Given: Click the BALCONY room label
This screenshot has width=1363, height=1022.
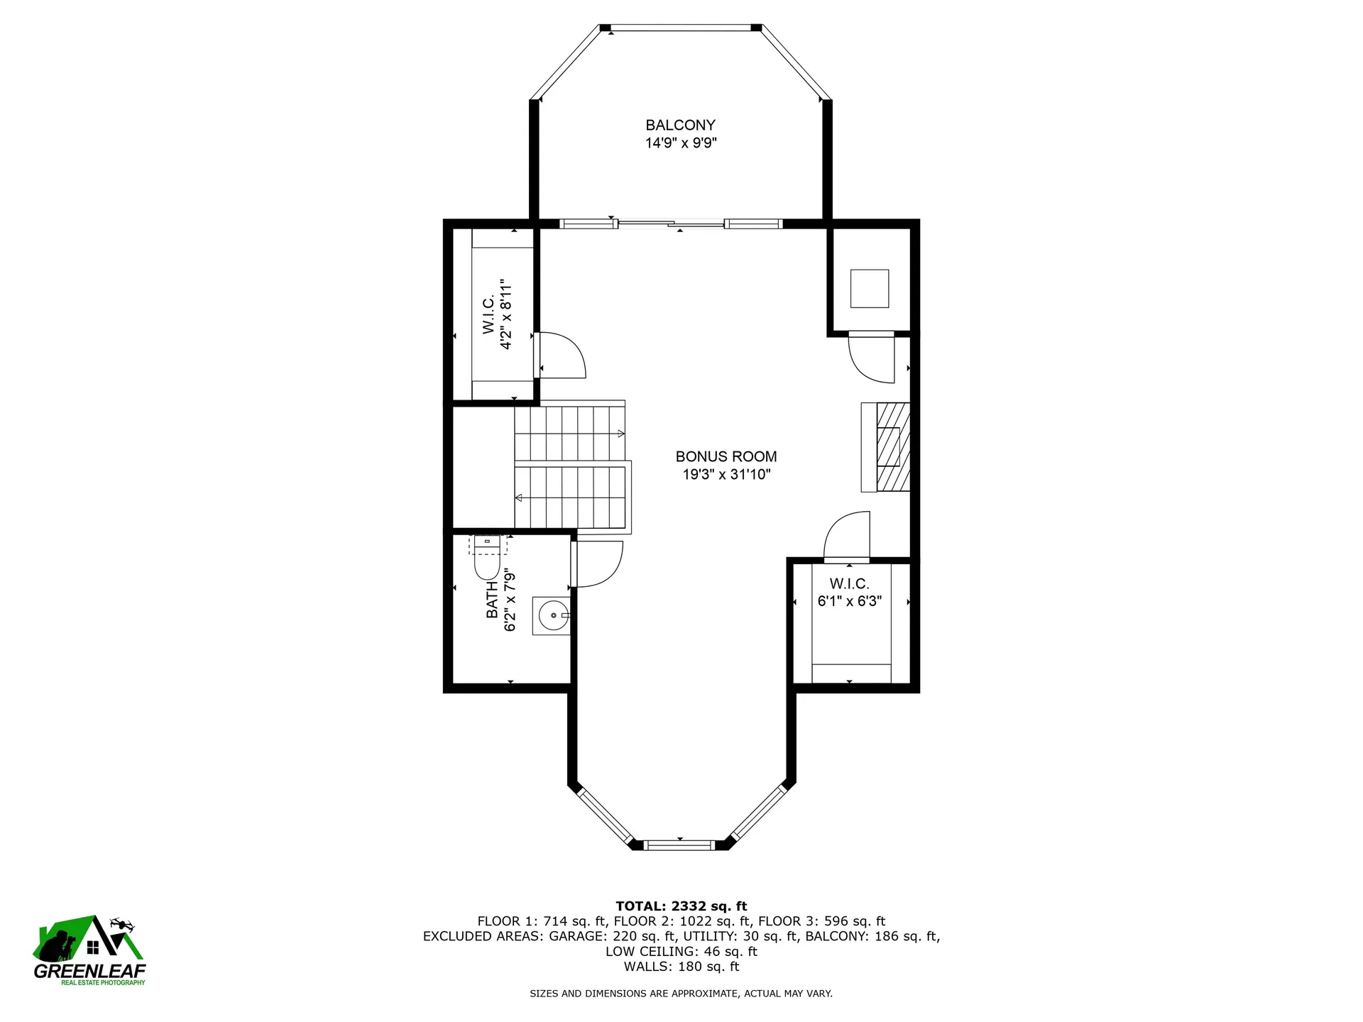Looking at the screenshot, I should click(x=680, y=125).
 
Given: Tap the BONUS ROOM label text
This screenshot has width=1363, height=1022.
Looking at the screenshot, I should click(x=726, y=456).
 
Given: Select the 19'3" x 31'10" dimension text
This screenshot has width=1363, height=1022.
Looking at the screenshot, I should click(x=726, y=475).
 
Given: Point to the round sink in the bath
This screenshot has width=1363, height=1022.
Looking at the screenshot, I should click(x=551, y=615).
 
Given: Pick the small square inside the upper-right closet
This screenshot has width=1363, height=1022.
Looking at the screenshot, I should click(x=869, y=288).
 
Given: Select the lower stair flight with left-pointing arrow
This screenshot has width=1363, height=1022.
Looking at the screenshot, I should click(x=571, y=498).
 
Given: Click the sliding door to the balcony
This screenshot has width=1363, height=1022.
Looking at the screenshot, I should click(x=671, y=224).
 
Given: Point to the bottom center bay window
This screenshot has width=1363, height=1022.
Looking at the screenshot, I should click(x=679, y=845).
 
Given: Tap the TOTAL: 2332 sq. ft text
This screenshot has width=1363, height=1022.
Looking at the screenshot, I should click(x=681, y=906).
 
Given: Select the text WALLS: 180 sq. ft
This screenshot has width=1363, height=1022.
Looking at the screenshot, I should click(x=681, y=967).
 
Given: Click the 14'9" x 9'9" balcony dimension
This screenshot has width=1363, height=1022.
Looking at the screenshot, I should click(x=680, y=143).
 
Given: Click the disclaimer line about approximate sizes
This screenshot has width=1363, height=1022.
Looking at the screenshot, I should click(x=681, y=994).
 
